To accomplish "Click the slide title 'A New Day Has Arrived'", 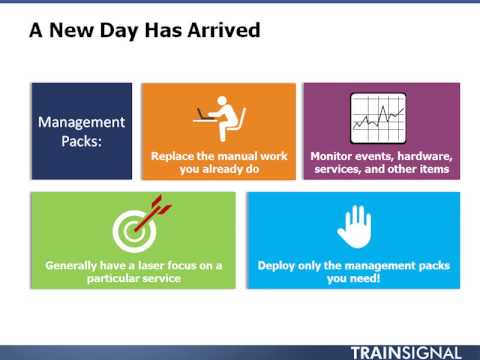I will pyautogui.click(x=144, y=31).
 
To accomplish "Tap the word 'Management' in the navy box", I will pyautogui.click(x=82, y=123).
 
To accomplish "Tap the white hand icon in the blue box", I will pyautogui.click(x=354, y=227).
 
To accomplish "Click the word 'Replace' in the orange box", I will pyautogui.click(x=174, y=157).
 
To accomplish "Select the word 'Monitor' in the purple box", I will pyautogui.click(x=334, y=157).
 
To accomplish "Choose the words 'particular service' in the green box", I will pyautogui.click(x=133, y=279).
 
